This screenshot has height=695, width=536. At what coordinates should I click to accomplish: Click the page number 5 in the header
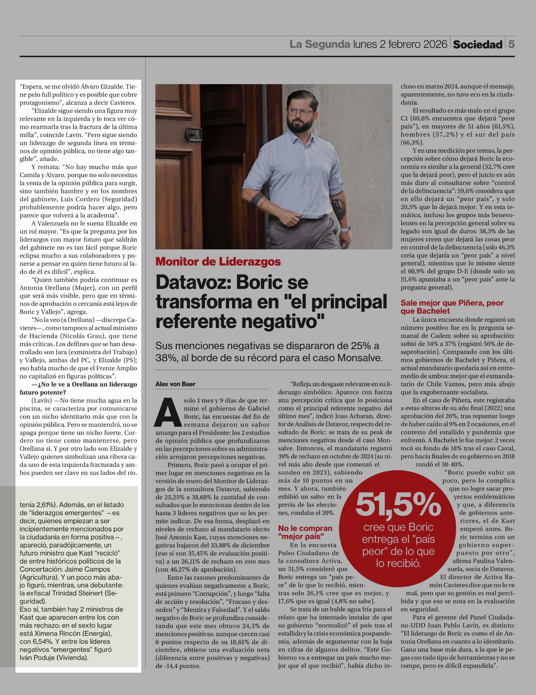click(x=511, y=44)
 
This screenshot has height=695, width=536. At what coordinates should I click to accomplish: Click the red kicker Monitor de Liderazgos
click(x=218, y=262)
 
